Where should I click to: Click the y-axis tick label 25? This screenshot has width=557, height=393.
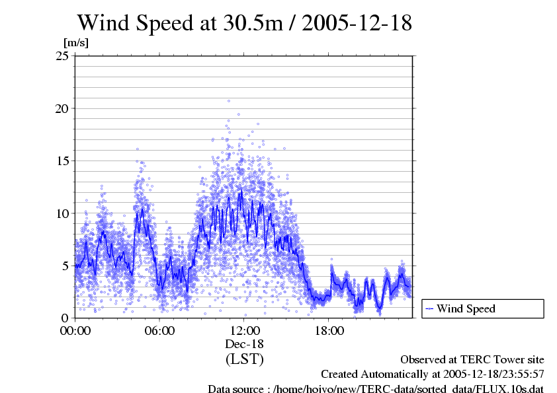[x=62, y=55]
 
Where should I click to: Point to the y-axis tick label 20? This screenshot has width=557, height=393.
[x=62, y=108]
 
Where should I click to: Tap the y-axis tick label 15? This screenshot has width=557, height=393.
[x=62, y=161]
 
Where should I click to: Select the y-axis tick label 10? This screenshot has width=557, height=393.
[x=62, y=213]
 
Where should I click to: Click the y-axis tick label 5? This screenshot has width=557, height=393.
[x=65, y=266]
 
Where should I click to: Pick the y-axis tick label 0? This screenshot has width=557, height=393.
[x=65, y=318]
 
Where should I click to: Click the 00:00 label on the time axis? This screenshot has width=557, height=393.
[x=75, y=330]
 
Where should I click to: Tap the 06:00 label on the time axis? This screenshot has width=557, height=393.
[x=159, y=330]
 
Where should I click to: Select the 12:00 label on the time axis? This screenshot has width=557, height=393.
[x=244, y=330]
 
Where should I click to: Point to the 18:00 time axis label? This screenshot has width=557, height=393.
[x=329, y=330]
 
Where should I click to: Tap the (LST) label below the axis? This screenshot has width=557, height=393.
[x=245, y=359]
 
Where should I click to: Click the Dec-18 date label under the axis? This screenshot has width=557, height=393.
[x=245, y=344]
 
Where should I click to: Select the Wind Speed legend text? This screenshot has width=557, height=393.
[x=466, y=308]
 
